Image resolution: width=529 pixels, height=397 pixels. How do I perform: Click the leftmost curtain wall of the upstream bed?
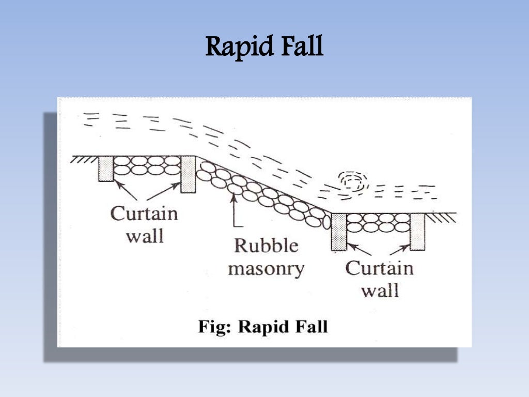[x=106, y=169]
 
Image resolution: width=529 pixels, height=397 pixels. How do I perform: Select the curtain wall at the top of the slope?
[x=188, y=174]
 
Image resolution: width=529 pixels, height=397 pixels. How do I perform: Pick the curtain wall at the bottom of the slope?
[x=339, y=232]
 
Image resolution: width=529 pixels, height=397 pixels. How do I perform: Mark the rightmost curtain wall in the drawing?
[x=417, y=231]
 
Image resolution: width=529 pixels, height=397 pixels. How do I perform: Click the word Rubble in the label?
[x=267, y=246]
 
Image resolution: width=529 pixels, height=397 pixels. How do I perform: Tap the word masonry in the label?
[x=267, y=269]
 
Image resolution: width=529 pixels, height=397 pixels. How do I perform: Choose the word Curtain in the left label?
[x=144, y=213]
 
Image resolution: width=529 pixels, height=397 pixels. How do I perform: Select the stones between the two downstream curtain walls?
[x=378, y=223]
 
